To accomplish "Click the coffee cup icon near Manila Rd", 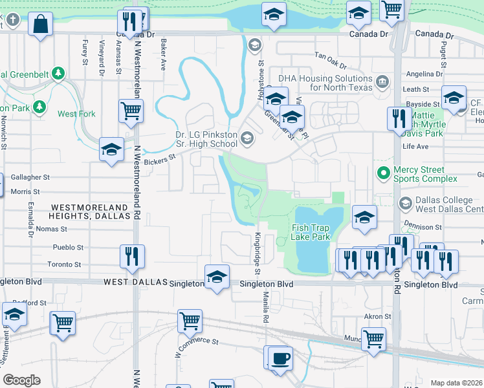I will pos(280,358).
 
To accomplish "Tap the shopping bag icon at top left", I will pos(40,23).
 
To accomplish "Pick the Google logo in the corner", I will pos(21,380).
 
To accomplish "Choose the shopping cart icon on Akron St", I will pos(374,339).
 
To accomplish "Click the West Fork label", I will pos(76,114).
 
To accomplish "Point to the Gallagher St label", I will pos(30,177).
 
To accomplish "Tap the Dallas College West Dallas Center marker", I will pos(406,204).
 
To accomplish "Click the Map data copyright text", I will pos(456,383).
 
